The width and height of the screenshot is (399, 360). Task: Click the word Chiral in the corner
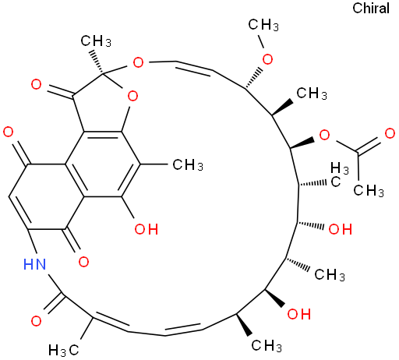pos(371,8)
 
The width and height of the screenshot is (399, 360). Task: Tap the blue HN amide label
pos(34,264)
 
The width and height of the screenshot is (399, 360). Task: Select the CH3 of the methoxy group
pos(263,25)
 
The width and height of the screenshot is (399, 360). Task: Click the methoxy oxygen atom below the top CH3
pos(267,59)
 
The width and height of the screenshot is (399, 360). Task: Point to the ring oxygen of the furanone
pos(132,96)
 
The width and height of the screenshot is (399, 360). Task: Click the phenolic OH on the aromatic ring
pos(147,229)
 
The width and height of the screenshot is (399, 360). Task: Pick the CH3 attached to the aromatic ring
pos(188,164)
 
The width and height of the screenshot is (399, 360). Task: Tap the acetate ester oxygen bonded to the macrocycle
pos(324,135)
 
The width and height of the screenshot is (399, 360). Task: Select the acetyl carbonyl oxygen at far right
pos(390,133)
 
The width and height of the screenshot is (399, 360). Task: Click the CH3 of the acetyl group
pos(369,190)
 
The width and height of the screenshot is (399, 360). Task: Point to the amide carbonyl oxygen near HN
pos(36,321)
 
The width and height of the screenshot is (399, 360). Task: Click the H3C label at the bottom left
pos(64,350)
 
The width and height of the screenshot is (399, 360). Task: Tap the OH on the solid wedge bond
pos(299,314)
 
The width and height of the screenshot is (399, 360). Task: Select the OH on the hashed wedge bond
pos(341,229)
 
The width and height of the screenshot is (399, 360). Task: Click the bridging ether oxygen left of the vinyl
pos(138,62)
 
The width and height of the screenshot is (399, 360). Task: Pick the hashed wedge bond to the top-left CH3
pos(96,61)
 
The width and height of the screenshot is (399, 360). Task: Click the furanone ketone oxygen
pos(36,84)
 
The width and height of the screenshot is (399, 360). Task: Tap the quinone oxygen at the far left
pos(8,132)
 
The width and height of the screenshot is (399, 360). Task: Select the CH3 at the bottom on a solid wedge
pos(267,346)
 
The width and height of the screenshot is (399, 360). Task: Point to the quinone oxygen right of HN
pos(83,262)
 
